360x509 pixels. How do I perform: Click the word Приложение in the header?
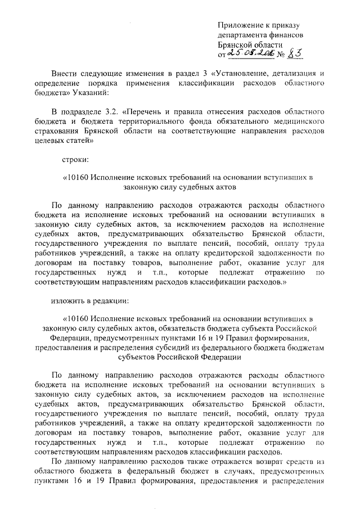(x=242, y=25)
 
